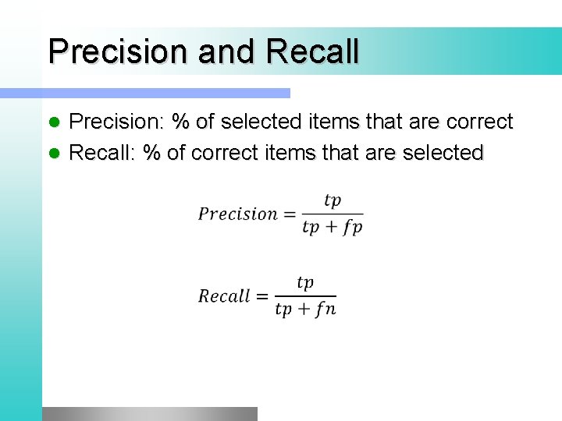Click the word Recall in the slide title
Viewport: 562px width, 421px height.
coord(312,51)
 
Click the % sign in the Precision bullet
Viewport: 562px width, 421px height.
coord(182,122)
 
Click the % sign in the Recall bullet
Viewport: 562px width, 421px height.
coord(151,153)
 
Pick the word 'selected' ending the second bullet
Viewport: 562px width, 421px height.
coord(443,153)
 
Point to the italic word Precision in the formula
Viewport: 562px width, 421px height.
coord(238,214)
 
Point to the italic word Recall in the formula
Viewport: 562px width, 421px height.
coord(224,296)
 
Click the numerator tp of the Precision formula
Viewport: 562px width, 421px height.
coord(333,201)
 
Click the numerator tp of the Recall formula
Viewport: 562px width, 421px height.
coord(305,283)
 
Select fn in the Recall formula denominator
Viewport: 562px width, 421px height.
coord(325,310)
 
